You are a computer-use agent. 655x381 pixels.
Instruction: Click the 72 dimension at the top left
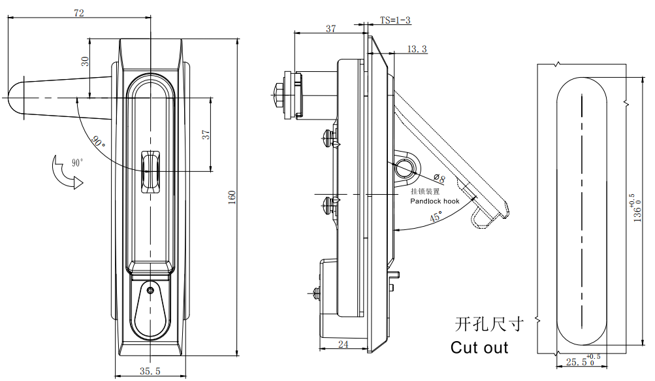tap(79, 13)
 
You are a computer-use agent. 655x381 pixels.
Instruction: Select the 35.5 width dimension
tap(150, 371)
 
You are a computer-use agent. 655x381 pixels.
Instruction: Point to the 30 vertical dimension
tap(84, 61)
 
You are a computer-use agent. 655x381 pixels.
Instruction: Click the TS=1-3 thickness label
tap(395, 20)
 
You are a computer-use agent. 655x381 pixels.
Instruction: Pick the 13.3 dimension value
tap(417, 50)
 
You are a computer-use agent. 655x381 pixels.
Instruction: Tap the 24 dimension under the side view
tap(342, 344)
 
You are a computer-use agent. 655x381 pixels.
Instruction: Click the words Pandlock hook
tap(434, 202)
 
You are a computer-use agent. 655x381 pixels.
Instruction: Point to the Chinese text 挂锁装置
tap(425, 192)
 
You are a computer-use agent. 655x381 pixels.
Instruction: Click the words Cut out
tap(479, 348)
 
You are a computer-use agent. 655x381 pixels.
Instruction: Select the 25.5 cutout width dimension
tap(577, 361)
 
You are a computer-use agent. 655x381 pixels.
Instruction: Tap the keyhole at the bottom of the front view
tap(151, 290)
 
